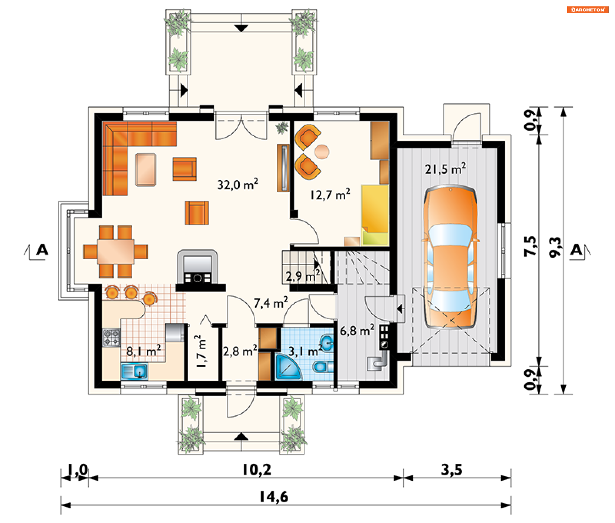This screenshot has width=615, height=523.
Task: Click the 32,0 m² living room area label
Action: point(237,184)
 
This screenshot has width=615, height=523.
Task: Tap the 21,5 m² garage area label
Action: point(445,169)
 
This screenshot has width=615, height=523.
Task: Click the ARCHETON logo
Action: point(588,10)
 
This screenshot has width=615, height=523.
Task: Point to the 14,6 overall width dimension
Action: point(274,497)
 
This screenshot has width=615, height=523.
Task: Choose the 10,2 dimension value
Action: point(257,470)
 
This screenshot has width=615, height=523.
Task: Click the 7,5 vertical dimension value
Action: point(530,246)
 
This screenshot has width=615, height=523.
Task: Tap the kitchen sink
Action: point(135,371)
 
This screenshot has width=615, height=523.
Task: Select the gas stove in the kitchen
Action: point(111,338)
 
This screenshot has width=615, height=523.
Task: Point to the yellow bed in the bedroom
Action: point(375,215)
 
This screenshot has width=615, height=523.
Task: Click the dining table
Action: point(116,252)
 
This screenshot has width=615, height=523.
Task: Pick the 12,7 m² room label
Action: point(330,195)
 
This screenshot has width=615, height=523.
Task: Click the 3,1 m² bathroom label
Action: point(305,351)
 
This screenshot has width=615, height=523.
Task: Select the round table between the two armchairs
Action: point(322,152)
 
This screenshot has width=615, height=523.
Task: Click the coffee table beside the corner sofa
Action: point(146,170)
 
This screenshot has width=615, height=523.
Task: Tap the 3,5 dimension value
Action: point(452,470)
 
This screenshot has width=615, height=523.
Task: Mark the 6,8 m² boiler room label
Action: point(357,330)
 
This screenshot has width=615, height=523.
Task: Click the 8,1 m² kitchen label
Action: point(143,351)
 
